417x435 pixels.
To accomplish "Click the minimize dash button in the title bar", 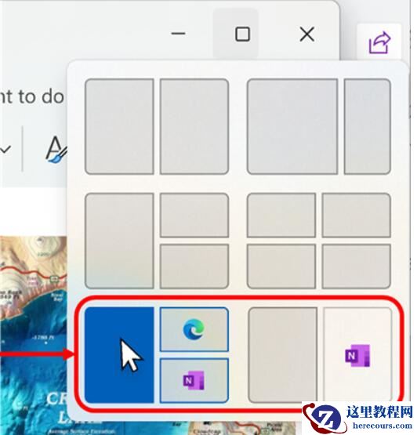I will coord(179,34).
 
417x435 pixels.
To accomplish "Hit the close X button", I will coord(307,34).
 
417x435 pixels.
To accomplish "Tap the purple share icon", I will coord(379,42).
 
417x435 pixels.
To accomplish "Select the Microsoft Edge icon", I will coord(194,329).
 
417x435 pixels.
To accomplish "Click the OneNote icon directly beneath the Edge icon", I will coord(194,380).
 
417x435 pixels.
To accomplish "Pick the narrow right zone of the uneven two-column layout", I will coord(367,125).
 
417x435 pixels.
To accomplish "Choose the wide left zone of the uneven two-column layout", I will coord(293,125).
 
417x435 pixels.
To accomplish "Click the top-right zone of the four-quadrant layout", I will coord(356,215).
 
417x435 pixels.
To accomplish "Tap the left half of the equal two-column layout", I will coord(119,125).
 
